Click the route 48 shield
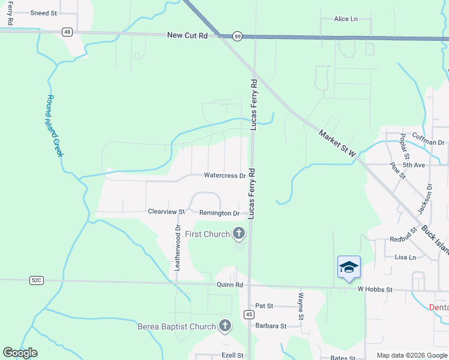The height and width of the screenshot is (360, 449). (67, 32)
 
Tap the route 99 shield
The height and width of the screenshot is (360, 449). (238, 37)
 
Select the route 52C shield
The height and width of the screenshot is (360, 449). (37, 280)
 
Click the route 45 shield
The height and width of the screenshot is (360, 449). (249, 314)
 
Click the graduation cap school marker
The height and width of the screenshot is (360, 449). (349, 267)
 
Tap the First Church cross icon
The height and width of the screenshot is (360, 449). (239, 233)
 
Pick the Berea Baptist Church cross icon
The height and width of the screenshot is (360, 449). (224, 326)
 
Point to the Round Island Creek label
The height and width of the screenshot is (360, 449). (55, 126)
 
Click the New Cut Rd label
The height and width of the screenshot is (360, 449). (187, 36)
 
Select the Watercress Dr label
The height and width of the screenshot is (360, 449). (225, 176)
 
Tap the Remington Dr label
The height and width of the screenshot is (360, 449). (219, 213)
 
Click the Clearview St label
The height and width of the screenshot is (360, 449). (166, 212)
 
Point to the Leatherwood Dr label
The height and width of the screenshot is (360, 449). (177, 248)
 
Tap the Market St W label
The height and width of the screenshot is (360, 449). (337, 143)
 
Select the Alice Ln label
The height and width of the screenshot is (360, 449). (346, 19)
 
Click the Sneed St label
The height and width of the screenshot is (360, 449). (43, 13)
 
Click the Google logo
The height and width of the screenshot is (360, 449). (20, 353)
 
